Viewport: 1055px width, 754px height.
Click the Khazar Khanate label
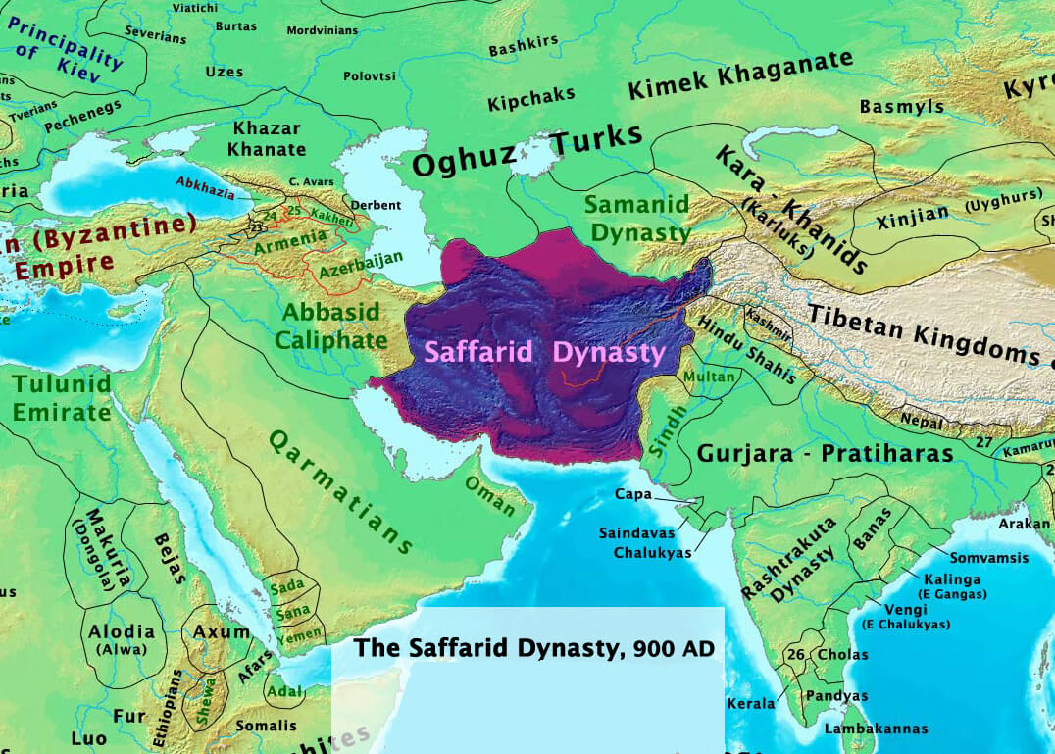(267, 138)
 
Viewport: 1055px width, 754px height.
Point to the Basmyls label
(901, 107)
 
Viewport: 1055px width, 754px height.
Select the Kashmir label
(768, 320)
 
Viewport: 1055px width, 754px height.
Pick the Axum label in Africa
(222, 632)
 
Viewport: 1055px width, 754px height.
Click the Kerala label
(750, 703)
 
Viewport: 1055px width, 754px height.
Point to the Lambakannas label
(876, 729)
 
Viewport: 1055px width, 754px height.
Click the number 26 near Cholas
(795, 654)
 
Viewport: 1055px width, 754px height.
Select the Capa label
(633, 494)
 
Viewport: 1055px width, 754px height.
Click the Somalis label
(265, 726)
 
